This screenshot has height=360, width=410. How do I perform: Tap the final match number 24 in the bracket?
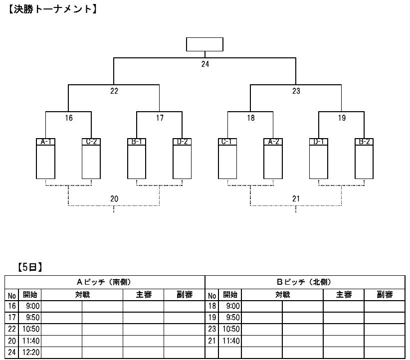coord(205,64)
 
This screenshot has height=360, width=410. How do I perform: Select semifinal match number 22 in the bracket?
coord(114,91)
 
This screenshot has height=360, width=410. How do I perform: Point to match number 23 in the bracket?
coord(296,91)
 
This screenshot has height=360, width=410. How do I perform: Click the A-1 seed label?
coord(45,142)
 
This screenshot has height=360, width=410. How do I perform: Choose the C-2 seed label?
coord(91,142)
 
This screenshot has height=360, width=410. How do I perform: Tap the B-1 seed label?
coord(137,142)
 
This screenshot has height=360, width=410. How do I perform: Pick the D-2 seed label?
coord(182,142)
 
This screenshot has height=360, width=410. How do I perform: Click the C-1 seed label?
coord(227,142)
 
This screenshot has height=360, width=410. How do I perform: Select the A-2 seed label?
coord(273,142)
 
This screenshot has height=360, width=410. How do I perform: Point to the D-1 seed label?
coord(319,142)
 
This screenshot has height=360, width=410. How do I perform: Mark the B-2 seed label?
coord(364,142)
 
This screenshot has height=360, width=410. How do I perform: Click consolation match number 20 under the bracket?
coord(114,199)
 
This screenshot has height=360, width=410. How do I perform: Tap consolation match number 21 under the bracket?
coord(296,199)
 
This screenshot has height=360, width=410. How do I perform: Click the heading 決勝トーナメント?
coord(52,9)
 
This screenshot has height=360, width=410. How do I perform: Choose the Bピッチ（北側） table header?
coord(304,282)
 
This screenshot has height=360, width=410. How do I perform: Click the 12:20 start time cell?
coord(31,353)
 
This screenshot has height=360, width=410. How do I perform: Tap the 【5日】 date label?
coord(30,267)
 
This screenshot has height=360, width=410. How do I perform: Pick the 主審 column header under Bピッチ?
coord(344,295)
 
